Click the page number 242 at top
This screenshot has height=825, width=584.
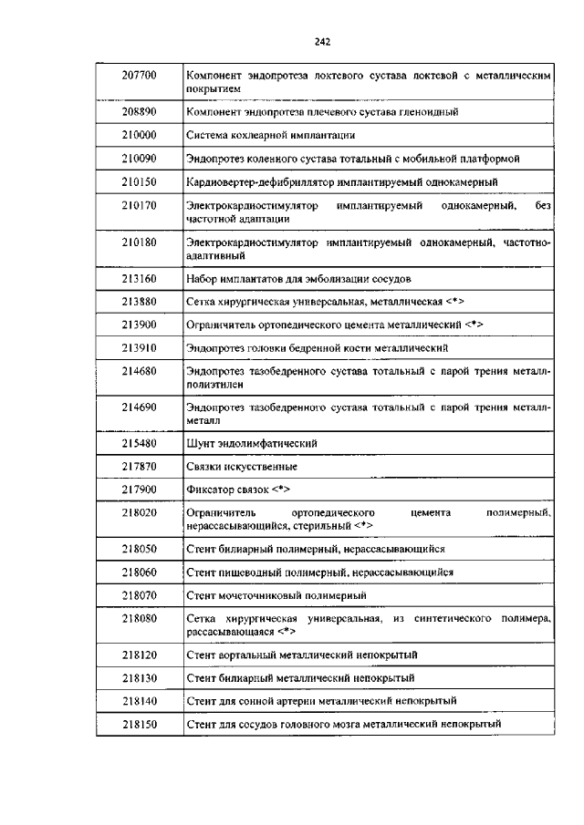click(x=321, y=41)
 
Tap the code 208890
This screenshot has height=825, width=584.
click(x=140, y=111)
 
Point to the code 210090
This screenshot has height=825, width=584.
click(x=140, y=159)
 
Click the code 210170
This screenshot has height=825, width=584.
click(x=140, y=206)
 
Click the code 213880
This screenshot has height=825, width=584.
click(x=140, y=301)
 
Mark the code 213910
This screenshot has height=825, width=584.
click(x=140, y=348)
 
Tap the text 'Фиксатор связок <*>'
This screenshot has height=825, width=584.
click(x=238, y=490)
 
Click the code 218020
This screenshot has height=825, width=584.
click(x=140, y=514)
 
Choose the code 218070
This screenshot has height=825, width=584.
click(x=140, y=595)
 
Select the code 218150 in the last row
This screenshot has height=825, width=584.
click(x=140, y=724)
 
